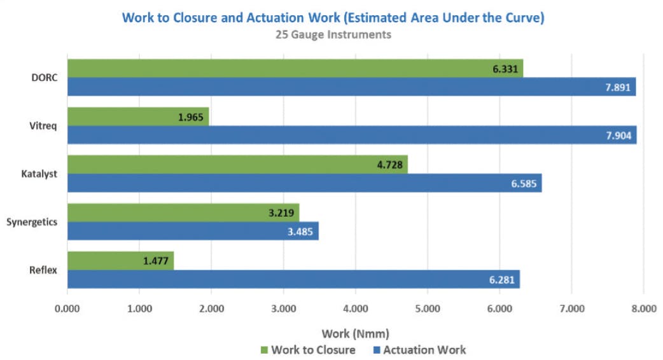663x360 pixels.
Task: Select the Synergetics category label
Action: [32, 222]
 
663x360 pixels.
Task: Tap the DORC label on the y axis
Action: [45, 78]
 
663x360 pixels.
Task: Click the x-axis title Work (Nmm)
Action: [355, 333]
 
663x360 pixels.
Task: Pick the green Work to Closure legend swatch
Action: [265, 350]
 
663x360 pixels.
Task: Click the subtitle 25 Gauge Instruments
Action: [333, 34]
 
